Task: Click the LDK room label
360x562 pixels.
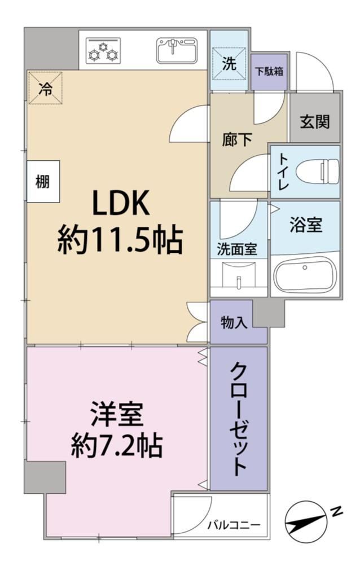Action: [x=121, y=203]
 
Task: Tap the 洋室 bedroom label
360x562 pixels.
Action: [x=117, y=414]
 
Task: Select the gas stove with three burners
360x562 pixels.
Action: [x=103, y=51]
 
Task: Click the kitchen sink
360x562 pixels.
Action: [x=177, y=51]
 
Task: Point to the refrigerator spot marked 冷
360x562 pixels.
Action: [x=45, y=88]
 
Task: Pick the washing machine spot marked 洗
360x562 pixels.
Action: [x=229, y=64]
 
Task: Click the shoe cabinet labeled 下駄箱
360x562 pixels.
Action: [x=269, y=71]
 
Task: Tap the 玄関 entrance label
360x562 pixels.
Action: [x=314, y=122]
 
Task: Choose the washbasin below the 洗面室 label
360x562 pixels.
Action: [x=239, y=275]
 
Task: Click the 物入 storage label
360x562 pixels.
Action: [x=234, y=323]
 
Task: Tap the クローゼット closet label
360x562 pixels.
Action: [x=238, y=419]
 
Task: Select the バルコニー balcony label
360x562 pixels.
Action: [x=234, y=525]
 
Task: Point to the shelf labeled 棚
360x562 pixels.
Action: [x=43, y=182]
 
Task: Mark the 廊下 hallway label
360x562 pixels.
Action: [x=236, y=139]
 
